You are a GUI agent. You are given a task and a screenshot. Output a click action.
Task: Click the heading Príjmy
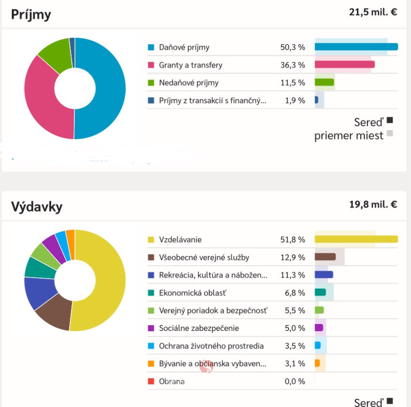[x=31, y=14]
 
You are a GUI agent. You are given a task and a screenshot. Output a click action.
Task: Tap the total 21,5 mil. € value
[x=373, y=12]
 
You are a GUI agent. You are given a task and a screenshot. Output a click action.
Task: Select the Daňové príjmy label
[x=184, y=47]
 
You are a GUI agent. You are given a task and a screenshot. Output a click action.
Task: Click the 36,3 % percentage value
[x=292, y=65]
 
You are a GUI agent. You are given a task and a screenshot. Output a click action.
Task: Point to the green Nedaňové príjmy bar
[x=324, y=82]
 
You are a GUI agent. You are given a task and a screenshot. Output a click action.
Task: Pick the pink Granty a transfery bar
[x=344, y=65]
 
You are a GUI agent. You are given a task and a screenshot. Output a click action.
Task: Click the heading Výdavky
[x=37, y=206]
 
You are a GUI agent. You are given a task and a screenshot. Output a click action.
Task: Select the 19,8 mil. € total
[x=373, y=204]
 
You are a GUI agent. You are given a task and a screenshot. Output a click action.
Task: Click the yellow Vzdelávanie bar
[x=356, y=239]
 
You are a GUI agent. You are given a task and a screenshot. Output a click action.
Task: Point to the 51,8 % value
[x=292, y=240]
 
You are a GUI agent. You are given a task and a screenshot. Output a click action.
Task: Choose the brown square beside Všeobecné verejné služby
[x=151, y=258]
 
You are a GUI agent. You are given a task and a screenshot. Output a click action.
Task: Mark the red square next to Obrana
[x=151, y=382]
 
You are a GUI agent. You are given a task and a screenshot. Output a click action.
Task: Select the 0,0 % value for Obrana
[x=295, y=382]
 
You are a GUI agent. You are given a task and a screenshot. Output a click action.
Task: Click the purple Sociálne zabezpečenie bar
[x=319, y=327]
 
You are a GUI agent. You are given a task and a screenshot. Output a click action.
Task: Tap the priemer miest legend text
[x=349, y=137]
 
